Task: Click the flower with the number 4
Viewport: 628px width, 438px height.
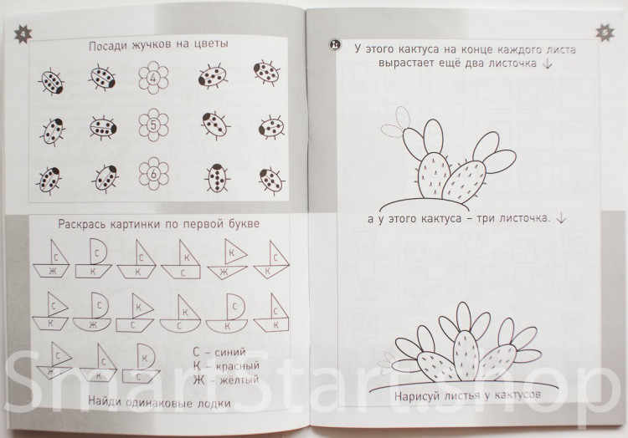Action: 153,78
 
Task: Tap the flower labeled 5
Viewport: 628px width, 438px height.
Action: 153,125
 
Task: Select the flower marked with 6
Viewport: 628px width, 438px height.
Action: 153,173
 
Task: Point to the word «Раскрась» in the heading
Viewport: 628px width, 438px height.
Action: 81,224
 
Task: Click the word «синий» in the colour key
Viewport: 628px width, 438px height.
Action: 230,352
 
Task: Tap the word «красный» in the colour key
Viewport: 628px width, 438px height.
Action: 238,365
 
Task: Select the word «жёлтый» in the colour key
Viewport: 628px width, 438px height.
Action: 238,379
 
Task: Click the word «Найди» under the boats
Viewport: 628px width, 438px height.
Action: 104,401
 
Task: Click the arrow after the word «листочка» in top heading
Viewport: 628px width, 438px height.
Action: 548,64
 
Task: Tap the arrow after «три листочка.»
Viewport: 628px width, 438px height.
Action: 562,218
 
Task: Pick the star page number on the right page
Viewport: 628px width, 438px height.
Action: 605,33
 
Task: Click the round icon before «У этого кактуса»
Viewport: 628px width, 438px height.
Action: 335,45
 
